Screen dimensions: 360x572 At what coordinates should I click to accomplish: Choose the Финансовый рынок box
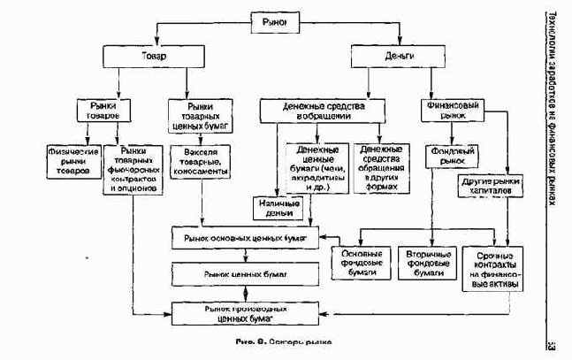pyautogui.click(x=454, y=110)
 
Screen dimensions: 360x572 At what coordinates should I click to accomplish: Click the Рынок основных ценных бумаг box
pyautogui.click(x=244, y=239)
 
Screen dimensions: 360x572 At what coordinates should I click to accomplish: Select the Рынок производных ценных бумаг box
pyautogui.click(x=244, y=311)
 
